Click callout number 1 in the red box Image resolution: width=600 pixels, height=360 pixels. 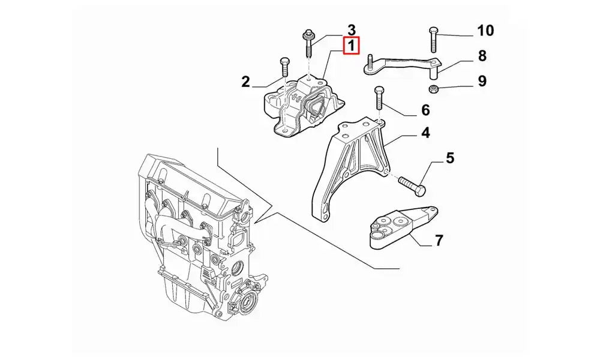click(x=351, y=46)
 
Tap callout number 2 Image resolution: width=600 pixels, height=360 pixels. click(x=245, y=82)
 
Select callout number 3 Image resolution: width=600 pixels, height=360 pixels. click(x=352, y=29)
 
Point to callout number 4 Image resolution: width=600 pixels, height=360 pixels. click(x=425, y=133)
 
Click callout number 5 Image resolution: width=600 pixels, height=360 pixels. click(x=449, y=159)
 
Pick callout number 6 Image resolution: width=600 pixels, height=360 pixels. click(x=425, y=110)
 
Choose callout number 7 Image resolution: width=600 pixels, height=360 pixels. click(x=439, y=241)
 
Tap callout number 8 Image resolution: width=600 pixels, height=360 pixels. click(x=482, y=56)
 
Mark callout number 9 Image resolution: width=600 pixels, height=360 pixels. click(x=482, y=81)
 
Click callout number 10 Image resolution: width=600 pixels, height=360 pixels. click(x=485, y=30)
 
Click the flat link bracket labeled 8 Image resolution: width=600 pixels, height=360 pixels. click(x=402, y=63)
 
